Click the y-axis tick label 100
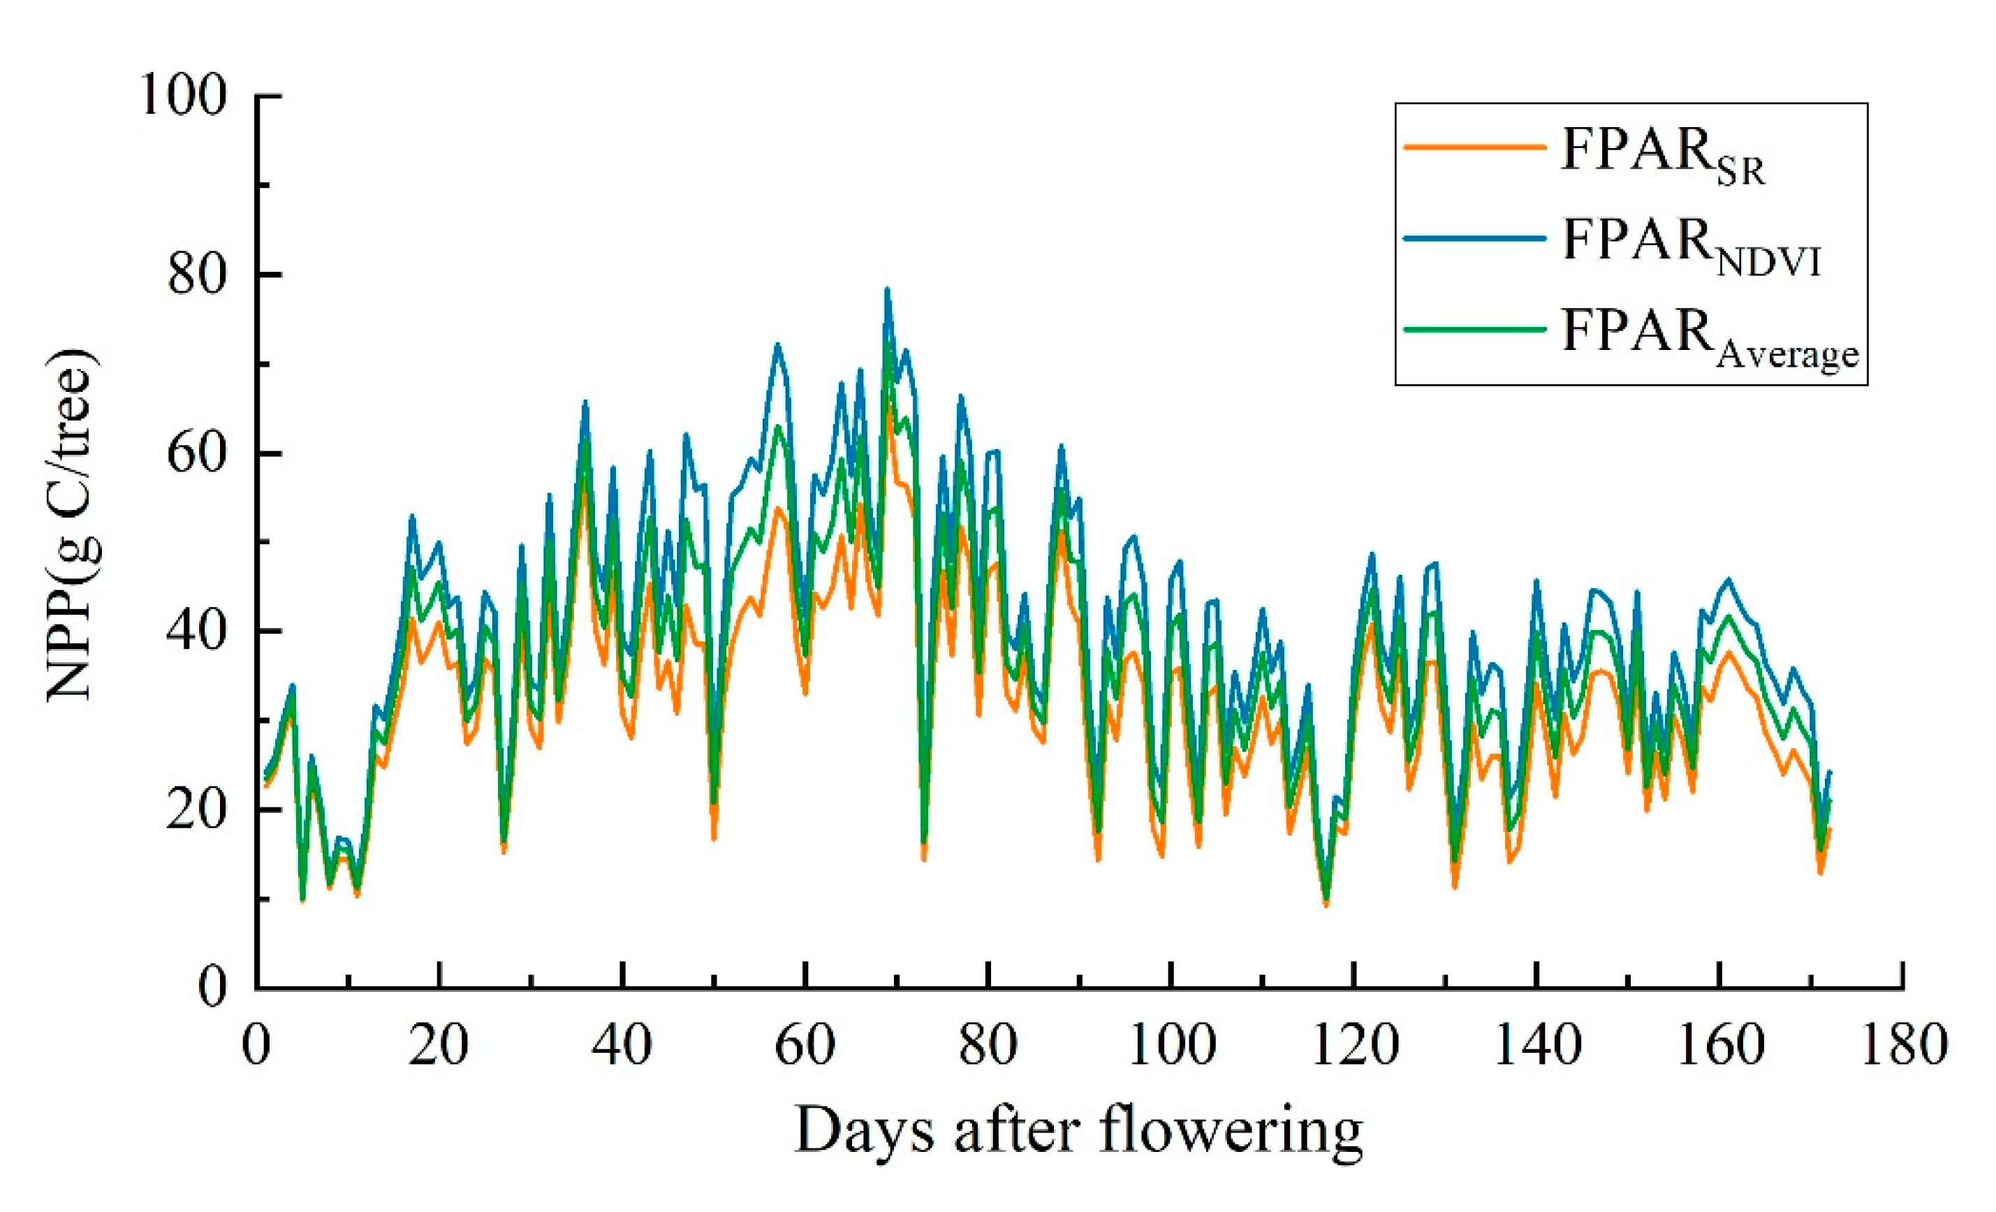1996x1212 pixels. tap(182, 96)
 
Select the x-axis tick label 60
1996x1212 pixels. tap(805, 1046)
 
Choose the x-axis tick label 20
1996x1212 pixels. tap(439, 1046)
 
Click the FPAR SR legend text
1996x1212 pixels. tap(1661, 154)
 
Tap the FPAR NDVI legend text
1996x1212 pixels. tap(1689, 244)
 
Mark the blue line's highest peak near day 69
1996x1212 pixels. tap(887, 289)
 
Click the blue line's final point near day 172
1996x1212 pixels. tap(1829, 772)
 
